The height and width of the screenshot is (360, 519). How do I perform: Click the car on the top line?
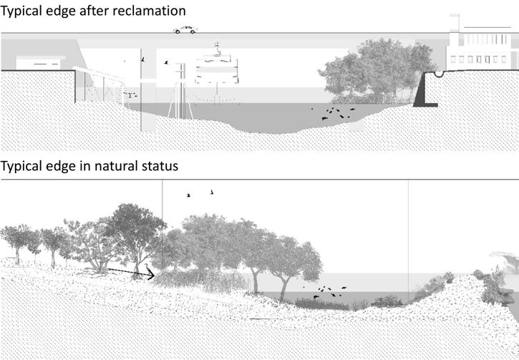(185, 30)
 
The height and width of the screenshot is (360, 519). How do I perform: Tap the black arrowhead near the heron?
(151, 274)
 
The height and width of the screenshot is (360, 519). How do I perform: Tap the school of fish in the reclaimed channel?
(334, 112)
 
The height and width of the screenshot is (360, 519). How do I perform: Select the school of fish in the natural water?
(326, 291)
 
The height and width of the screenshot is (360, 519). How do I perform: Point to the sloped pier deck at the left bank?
(96, 74)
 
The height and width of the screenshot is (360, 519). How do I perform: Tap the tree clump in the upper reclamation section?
(369, 72)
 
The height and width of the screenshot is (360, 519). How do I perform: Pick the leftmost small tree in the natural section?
(16, 240)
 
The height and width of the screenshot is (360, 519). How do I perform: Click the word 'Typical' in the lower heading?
(24, 166)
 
